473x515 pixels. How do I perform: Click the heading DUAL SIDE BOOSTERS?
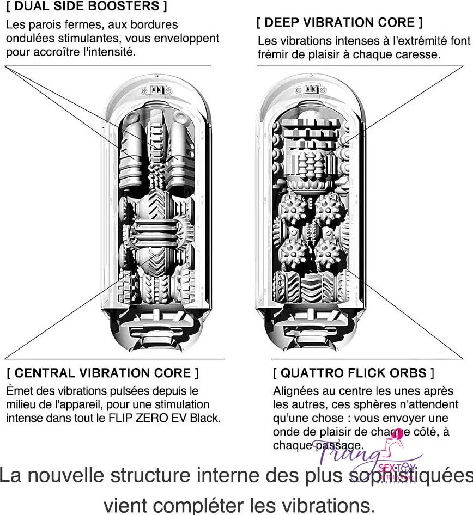[x=87, y=7]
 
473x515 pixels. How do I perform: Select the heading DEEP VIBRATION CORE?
[x=339, y=23]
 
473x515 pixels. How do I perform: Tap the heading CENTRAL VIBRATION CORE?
[x=102, y=373]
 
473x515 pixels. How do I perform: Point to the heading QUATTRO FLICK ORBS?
[x=353, y=373]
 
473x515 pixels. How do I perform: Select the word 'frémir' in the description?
[x=274, y=54]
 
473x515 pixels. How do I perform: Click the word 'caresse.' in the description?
[x=420, y=54]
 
